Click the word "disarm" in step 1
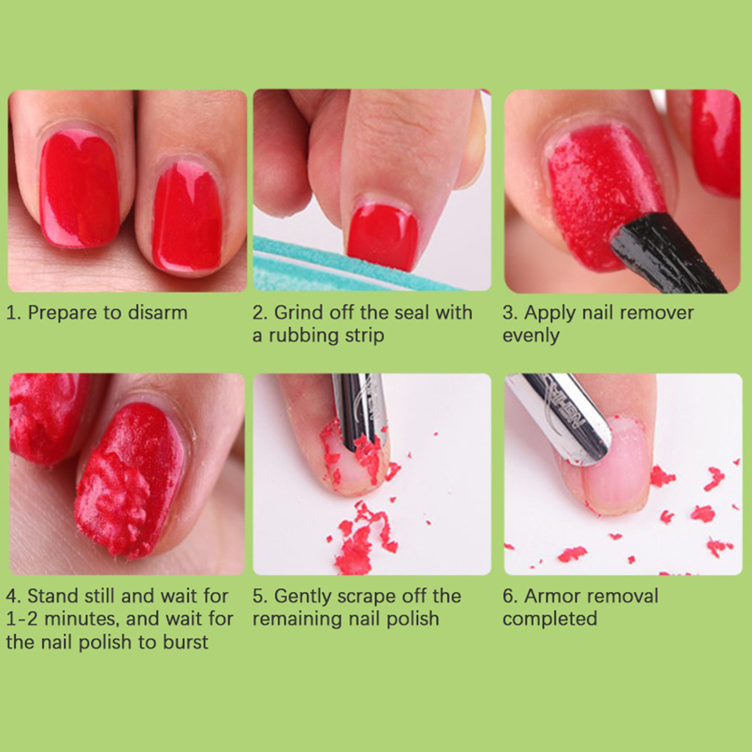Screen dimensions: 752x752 [x=158, y=312]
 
